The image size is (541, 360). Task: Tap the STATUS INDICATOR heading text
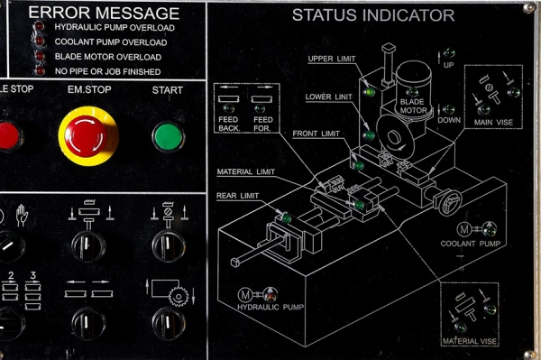click(x=372, y=16)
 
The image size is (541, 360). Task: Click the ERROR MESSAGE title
click(x=104, y=14)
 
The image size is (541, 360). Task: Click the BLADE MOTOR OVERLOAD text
click(x=101, y=57)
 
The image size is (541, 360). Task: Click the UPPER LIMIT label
click(x=333, y=60)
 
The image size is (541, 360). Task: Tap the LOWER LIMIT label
click(x=329, y=96)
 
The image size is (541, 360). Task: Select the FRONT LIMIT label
click(x=316, y=134)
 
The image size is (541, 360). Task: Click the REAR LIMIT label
click(x=238, y=196)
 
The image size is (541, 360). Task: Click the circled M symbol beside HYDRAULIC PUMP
click(x=245, y=294)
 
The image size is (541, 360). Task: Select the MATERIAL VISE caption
click(x=470, y=342)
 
